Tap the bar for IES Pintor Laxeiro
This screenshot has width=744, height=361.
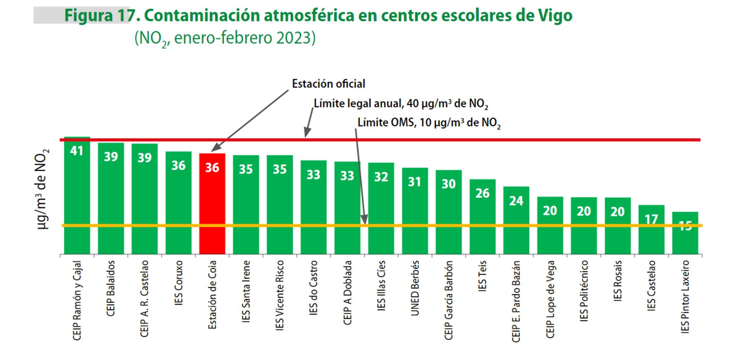tap(685, 238)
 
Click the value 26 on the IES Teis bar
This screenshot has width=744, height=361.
tap(482, 193)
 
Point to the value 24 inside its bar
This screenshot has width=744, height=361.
tap(516, 201)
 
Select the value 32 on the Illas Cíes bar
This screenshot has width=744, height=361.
tap(381, 177)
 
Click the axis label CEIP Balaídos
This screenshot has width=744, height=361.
tap(110, 288)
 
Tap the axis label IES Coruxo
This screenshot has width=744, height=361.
tap(179, 283)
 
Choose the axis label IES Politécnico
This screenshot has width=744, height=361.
tap(584, 291)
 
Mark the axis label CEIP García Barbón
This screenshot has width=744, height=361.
tap(449, 300)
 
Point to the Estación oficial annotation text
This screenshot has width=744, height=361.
tap(328, 84)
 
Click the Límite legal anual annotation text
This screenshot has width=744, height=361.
tap(401, 104)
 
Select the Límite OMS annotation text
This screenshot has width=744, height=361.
tap(429, 123)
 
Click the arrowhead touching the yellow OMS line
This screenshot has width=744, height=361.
tap(365, 221)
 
